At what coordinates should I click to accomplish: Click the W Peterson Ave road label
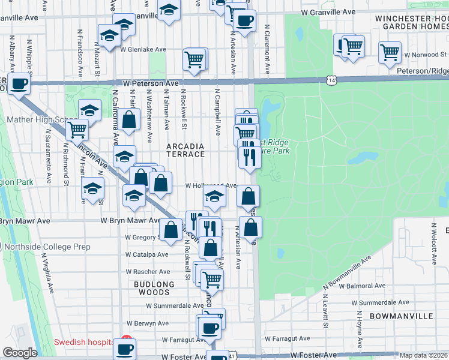(151, 83)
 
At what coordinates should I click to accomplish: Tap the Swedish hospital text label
(84, 343)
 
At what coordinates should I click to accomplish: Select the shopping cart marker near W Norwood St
(390, 52)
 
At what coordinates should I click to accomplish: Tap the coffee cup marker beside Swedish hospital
(125, 349)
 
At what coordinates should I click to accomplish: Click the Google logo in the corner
(20, 353)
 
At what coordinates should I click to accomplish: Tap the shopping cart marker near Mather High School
(77, 129)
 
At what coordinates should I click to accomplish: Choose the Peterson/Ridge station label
(423, 71)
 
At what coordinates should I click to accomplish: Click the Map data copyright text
(424, 355)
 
